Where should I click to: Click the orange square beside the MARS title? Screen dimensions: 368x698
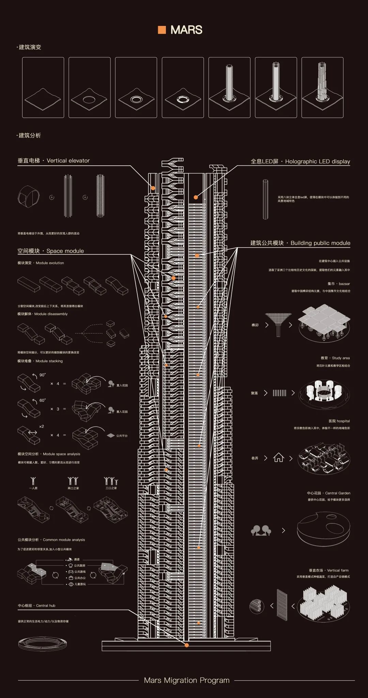(162, 30)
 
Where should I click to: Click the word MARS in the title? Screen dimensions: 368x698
(186, 30)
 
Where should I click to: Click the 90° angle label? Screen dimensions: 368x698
(42, 375)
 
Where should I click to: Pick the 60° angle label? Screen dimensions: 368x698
(42, 400)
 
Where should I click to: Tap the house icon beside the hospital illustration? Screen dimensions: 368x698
(278, 458)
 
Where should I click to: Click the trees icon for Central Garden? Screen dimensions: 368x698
(261, 530)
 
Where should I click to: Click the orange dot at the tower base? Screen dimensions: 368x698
(186, 645)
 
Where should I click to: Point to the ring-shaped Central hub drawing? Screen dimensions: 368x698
(43, 643)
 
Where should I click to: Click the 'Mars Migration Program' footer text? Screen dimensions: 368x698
(186, 680)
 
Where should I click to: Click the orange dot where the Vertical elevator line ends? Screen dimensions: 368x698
(153, 188)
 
